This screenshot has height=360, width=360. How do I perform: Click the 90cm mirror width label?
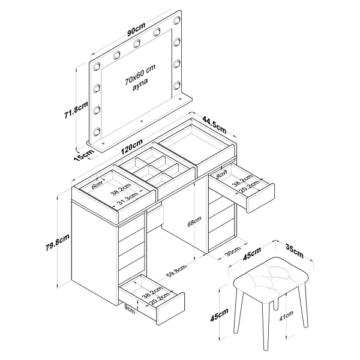(136, 29)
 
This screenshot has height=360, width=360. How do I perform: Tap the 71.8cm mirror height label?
(76, 110)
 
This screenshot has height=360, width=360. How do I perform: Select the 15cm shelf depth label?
(85, 155)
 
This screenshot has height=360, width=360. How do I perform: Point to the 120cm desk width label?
(132, 147)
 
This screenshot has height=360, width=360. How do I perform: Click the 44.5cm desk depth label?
(214, 125)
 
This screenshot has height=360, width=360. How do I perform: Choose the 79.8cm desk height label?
(58, 242)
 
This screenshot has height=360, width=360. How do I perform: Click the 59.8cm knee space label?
(176, 271)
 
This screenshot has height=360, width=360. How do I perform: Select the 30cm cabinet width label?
(233, 250)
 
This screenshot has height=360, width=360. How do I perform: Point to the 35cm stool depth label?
(295, 251)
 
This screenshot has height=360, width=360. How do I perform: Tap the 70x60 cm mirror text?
(140, 74)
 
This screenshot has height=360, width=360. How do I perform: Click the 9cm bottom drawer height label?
(130, 309)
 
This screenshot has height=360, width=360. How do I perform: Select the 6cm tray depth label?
(97, 185)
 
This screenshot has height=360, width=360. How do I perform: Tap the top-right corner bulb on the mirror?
(177, 20)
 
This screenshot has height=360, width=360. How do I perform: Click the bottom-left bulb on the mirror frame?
(97, 131)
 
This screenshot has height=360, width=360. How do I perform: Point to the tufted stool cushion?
(271, 280)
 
